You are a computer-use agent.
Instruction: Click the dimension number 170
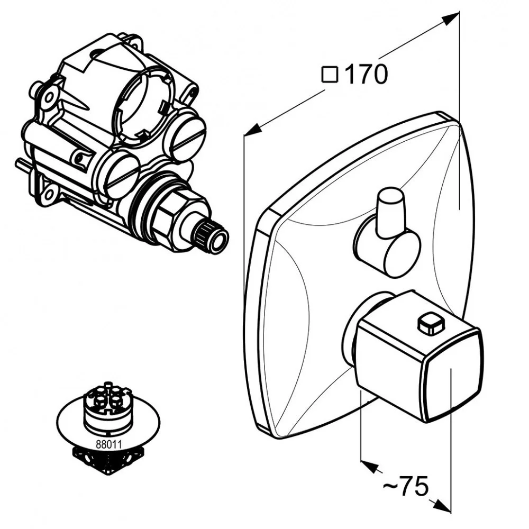tap(366, 75)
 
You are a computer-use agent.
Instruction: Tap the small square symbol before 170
tap(330, 75)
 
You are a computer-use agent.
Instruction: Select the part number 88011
tap(108, 445)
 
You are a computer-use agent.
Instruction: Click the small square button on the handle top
tap(429, 324)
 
